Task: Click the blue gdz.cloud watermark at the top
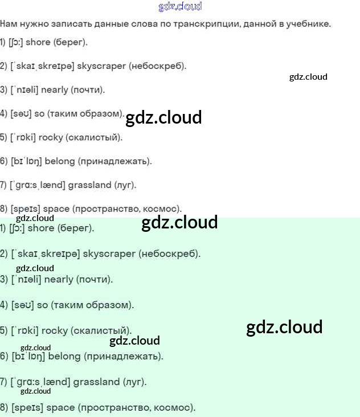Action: coord(180,7)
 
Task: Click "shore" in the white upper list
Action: coord(38,42)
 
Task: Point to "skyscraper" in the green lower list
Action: coord(109,254)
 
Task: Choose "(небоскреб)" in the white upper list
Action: coord(158,66)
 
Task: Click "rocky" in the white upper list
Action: coord(51,137)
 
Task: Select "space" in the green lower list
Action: coord(60,408)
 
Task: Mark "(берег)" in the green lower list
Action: coord(76,228)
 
